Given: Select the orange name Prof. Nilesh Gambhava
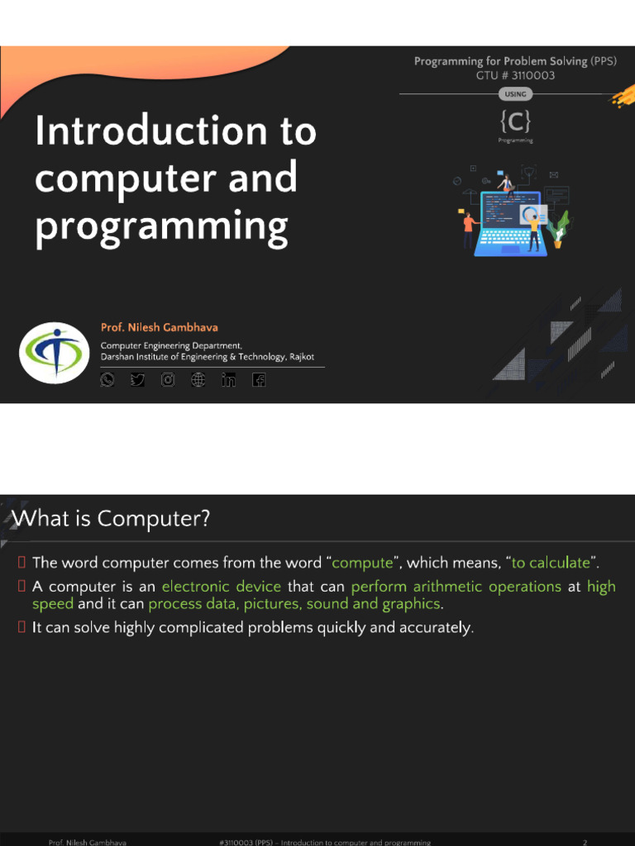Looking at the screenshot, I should [x=159, y=327].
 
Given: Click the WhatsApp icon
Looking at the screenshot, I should [x=107, y=380].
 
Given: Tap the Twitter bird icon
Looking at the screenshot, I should [x=137, y=380].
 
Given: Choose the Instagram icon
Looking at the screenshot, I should [x=168, y=380].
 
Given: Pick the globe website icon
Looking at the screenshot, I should [x=198, y=380].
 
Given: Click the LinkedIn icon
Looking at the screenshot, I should [x=228, y=380].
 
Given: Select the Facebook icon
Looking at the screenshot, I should [x=259, y=380].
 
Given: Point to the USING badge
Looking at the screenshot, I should [x=515, y=94].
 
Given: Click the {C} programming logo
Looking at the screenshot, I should [x=515, y=122].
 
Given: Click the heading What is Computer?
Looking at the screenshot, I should [x=112, y=519].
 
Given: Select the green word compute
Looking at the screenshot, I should [x=362, y=563].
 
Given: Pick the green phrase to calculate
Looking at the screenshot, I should [x=551, y=563].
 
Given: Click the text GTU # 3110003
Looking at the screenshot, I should [x=515, y=75].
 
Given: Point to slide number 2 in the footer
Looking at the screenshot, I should [x=585, y=842].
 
